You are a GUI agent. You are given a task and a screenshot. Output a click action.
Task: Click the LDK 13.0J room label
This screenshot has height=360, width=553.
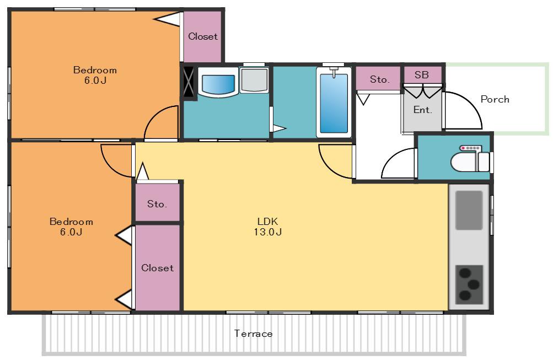point(268,227)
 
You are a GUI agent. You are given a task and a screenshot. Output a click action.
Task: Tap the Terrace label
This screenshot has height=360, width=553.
point(253,334)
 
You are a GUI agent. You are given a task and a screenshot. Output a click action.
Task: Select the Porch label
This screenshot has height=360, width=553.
point(495,99)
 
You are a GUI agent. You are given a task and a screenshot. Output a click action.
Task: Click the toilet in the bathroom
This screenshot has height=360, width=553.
point(470,159)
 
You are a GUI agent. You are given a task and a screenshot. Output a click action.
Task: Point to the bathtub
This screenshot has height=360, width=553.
point(334,102)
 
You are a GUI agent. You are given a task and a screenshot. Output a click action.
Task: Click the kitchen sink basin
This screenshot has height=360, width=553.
point(469,211)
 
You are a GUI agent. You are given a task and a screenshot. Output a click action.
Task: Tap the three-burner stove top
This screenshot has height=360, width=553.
point(469,284)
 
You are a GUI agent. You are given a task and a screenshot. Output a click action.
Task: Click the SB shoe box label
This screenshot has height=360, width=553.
point(421,75)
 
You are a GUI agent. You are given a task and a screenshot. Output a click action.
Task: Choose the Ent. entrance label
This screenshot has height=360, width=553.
point(422,110)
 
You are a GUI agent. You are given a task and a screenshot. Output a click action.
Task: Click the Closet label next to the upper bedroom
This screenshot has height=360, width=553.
point(203,36)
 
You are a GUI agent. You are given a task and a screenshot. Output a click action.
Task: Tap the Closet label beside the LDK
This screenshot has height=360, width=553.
point(157,268)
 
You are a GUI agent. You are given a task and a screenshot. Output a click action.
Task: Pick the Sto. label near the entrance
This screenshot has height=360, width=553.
point(380,80)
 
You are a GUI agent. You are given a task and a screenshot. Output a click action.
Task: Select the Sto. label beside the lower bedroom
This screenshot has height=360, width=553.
point(157,204)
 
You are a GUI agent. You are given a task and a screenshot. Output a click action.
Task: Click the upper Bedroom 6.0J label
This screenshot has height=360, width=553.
point(95,75)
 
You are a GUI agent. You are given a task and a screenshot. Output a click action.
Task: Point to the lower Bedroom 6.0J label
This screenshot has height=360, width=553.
point(71,227)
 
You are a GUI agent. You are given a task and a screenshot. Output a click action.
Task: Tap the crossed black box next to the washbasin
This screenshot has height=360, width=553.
point(189,82)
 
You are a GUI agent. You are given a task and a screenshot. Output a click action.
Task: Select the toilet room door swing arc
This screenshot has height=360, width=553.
point(391,158)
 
